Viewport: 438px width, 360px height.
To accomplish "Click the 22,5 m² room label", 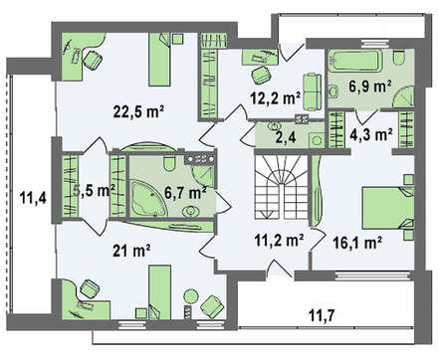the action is pos(138,112).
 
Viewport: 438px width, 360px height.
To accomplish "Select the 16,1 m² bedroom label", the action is pos(356,243).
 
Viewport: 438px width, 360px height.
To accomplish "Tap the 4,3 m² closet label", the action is pos(371,134).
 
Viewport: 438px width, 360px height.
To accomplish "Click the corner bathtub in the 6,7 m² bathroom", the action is pos(148,199).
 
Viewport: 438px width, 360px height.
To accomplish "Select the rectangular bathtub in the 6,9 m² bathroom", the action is pos(355,61).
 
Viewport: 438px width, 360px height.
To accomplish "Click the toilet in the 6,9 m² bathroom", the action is pos(398,57).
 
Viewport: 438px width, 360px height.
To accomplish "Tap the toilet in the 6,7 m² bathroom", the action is pos(169,162).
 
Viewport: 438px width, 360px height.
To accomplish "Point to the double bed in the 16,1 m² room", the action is pos(388,208).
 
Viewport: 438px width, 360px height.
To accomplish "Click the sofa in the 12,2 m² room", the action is pos(312,91).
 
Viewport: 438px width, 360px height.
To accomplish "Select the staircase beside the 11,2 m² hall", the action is pos(282,186).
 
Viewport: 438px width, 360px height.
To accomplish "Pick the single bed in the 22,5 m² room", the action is pos(160,60).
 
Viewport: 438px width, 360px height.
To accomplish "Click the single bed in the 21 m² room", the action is pos(160,292).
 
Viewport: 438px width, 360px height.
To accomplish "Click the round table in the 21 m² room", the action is pos(191,295).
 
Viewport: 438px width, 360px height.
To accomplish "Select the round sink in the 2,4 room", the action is pos(275,126).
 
